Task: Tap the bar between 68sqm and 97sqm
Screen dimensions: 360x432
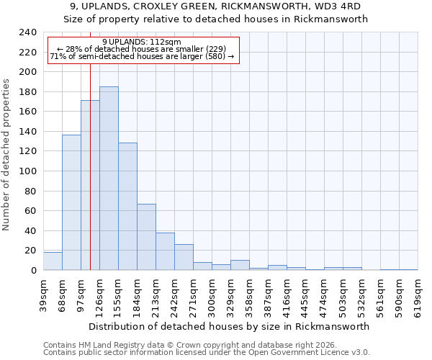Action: pyautogui.click(x=71, y=202)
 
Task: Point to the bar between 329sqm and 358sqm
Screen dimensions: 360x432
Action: pyautogui.click(x=240, y=265)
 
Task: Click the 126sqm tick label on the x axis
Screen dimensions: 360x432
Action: pyautogui.click(x=99, y=294)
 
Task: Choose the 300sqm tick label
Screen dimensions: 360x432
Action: pyautogui.click(x=212, y=294)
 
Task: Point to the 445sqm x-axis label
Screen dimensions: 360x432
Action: pyautogui.click(x=305, y=294)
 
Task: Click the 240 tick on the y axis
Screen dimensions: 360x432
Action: pyautogui.click(x=28, y=32)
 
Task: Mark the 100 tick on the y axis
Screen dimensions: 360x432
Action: pyautogui.click(x=28, y=171)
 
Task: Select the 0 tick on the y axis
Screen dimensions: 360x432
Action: pyautogui.click(x=34, y=270)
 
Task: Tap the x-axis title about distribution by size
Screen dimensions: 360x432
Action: pyautogui.click(x=230, y=326)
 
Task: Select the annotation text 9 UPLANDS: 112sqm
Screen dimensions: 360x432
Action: pyautogui.click(x=142, y=42)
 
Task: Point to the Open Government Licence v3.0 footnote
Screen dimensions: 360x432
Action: pyautogui.click(x=207, y=352)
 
